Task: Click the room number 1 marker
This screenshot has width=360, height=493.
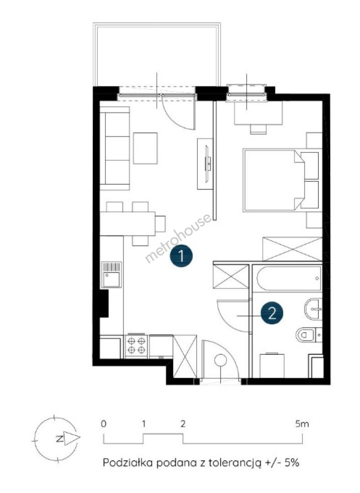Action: tap(181, 256)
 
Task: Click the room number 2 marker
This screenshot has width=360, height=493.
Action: tap(272, 313)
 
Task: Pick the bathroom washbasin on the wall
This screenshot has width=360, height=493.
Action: tap(313, 309)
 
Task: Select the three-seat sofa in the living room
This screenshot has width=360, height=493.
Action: tap(115, 148)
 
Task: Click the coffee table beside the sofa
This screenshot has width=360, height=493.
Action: tap(145, 148)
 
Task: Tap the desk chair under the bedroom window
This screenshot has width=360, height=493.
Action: tap(259, 129)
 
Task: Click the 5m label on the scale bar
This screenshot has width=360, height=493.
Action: tap(302, 424)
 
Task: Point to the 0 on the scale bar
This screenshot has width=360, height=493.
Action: tap(104, 424)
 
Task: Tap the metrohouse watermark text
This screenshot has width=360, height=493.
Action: tap(178, 238)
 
